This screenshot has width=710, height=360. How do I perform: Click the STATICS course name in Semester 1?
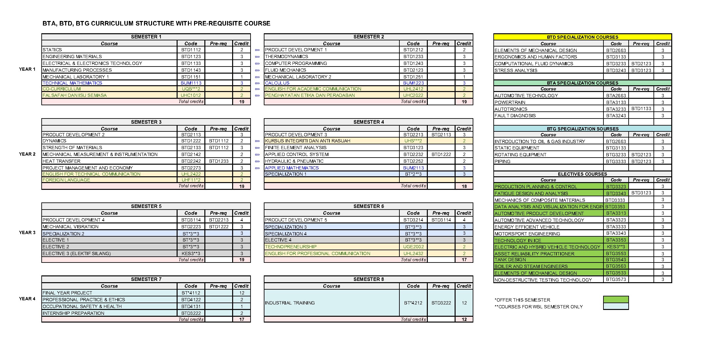coord(52,50)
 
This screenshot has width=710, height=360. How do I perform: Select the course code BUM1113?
coord(191,83)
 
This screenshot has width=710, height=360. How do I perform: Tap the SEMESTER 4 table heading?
coord(368,122)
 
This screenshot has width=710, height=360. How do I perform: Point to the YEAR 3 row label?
coord(27,232)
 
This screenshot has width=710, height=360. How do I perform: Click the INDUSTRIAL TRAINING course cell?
coord(290,303)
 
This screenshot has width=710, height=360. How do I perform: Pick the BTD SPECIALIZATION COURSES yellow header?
coord(582,37)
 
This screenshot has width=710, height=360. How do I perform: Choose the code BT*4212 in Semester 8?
coord(413,303)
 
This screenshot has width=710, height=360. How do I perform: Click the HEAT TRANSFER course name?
coord(62,161)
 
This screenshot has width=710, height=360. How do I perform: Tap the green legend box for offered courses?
coord(616,299)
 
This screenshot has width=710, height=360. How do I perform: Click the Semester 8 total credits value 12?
coord(464,319)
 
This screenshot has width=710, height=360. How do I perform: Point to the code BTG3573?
coord(616,280)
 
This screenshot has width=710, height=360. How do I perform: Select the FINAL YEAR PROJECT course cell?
coord(67,293)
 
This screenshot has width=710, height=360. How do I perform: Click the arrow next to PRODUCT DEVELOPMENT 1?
coord(257,50)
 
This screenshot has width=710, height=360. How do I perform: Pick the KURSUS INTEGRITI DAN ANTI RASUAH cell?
coord(307,141)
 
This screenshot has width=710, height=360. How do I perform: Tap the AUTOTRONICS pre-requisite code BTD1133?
coord(641,108)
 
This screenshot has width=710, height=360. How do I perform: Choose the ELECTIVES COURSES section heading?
coord(582,174)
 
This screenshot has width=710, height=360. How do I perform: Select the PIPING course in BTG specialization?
coord(502,161)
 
